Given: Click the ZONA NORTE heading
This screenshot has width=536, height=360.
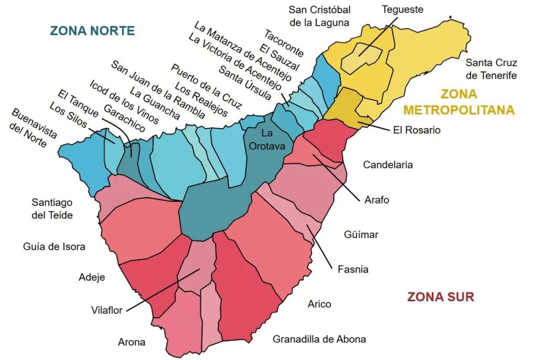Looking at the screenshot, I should [x=93, y=30].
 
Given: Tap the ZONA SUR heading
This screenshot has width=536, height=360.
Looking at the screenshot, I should [x=441, y=297].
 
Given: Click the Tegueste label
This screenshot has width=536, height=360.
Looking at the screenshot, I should [x=402, y=9].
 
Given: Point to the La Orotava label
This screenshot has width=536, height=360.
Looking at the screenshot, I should [x=267, y=140].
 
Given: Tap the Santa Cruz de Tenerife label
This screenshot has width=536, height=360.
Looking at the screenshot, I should [x=491, y=69].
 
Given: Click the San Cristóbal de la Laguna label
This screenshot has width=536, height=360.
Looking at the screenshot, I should [x=319, y=16].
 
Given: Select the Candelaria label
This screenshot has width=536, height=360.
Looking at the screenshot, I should [x=388, y=165].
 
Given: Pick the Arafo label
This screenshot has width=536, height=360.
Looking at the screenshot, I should [x=377, y=200].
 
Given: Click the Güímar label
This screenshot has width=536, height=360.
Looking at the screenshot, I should [x=361, y=234].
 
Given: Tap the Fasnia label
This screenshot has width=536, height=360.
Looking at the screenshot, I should [x=353, y=269].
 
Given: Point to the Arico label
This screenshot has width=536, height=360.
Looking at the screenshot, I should [x=319, y=304].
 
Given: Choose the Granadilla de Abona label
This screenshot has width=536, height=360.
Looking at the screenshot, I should [x=319, y=339].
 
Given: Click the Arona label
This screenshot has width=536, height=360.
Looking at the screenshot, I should [x=132, y=342].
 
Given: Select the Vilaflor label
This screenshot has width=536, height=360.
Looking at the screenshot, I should [x=106, y=310].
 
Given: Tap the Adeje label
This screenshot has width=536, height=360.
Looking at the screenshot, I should [x=92, y=277].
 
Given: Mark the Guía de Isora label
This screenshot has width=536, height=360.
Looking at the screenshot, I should [x=54, y=246].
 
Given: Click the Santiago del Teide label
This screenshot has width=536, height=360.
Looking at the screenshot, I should [x=52, y=208].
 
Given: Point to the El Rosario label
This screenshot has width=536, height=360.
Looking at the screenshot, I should [x=417, y=130].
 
